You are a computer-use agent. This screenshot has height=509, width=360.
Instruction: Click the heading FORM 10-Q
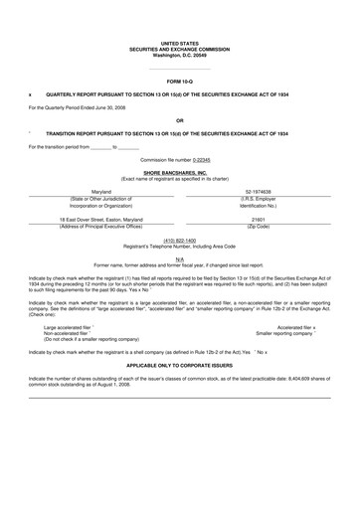179,80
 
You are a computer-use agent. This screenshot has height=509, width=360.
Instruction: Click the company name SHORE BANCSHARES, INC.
179,172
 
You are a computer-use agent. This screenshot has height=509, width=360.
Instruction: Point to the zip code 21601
261,219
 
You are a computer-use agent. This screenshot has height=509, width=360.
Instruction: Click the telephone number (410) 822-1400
179,240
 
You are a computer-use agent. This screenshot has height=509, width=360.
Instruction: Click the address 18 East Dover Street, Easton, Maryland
101,219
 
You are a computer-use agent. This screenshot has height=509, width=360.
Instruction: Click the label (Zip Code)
261,226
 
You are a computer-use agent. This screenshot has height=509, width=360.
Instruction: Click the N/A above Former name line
179,257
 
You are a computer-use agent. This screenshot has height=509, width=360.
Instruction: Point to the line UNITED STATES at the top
179,43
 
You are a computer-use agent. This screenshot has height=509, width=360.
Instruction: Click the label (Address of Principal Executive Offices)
101,226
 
